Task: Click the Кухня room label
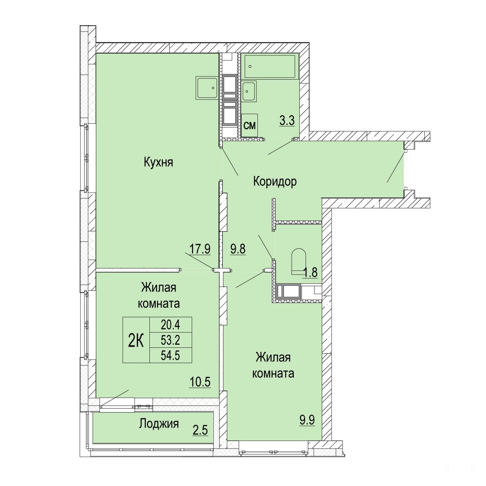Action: [x=158, y=162]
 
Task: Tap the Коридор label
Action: [x=275, y=181]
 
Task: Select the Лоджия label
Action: [x=159, y=423]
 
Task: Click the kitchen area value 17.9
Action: [x=200, y=248]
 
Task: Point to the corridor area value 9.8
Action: [x=238, y=248]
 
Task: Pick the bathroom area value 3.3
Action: [x=287, y=120]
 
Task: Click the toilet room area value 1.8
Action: [x=310, y=272]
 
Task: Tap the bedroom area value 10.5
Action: [x=200, y=382]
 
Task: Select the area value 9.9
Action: [x=307, y=420]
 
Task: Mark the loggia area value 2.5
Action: [x=200, y=430]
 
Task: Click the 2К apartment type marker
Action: [x=136, y=341]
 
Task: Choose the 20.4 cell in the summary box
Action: [x=171, y=325]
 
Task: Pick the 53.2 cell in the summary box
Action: [x=171, y=340]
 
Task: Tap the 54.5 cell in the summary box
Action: [x=171, y=355]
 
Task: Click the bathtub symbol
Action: [x=270, y=67]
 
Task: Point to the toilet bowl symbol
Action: [x=298, y=261]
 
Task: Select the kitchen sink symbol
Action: [x=207, y=88]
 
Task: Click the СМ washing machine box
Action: [x=249, y=126]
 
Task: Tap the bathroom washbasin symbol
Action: [x=249, y=91]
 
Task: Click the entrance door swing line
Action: [x=396, y=167]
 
